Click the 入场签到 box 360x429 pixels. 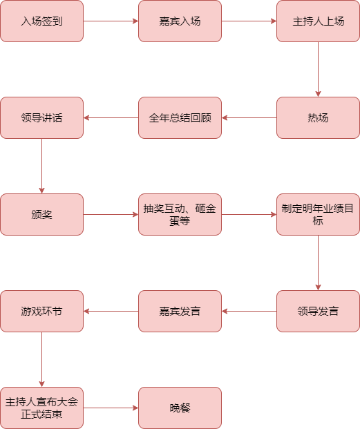[x=42, y=21]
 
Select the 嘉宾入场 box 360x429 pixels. [x=180, y=21]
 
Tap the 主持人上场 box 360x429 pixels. [x=318, y=21]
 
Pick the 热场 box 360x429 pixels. [x=318, y=117]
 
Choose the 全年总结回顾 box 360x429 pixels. [x=180, y=117]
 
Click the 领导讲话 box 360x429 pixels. [x=42, y=117]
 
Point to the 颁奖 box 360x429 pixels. [x=42, y=214]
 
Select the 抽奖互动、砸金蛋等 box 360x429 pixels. [x=180, y=214]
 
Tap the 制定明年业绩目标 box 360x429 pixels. [x=318, y=214]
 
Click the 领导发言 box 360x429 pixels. [x=318, y=311]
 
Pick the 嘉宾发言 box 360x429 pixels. [x=180, y=311]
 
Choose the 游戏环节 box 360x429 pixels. [x=42, y=311]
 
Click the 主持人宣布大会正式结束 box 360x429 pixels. [x=42, y=408]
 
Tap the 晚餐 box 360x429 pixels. [x=180, y=408]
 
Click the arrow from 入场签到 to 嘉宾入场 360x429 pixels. [x=111, y=21]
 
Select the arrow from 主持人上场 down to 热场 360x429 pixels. [x=318, y=69]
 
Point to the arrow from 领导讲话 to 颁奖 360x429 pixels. [x=42, y=166]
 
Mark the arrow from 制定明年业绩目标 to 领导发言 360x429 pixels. [x=318, y=263]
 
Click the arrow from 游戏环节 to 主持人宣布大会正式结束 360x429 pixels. [x=42, y=359]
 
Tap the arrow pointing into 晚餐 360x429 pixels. [x=111, y=408]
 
